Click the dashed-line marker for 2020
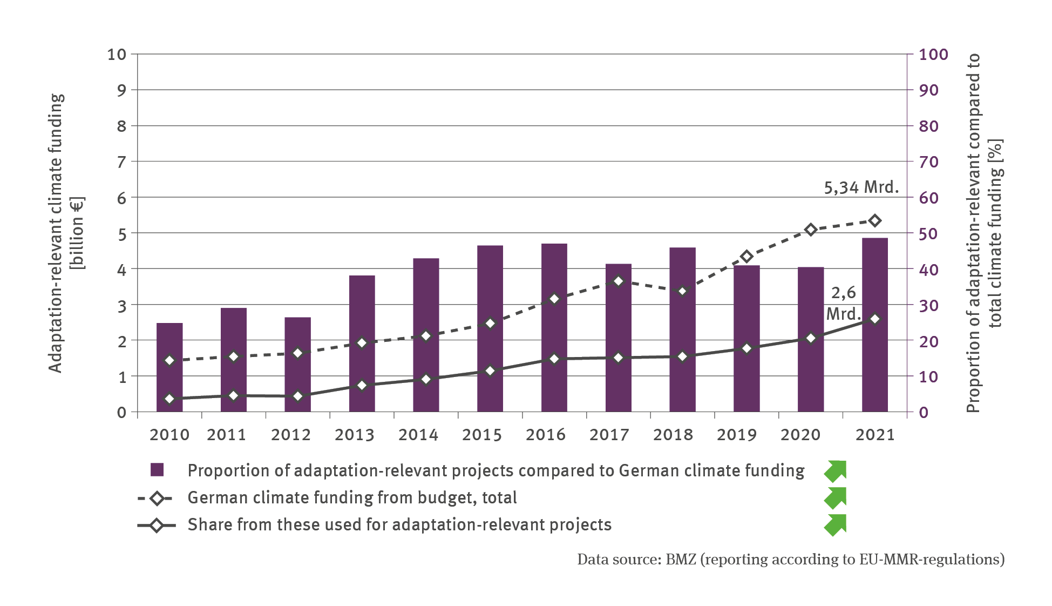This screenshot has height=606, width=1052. click(810, 230)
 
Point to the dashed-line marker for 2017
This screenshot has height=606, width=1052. click(619, 281)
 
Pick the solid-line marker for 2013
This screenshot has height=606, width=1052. click(362, 385)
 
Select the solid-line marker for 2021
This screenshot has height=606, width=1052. click(875, 319)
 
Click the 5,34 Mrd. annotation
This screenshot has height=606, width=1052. click(861, 187)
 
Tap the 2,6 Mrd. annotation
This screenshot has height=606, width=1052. click(843, 303)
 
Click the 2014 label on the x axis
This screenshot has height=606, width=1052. click(418, 435)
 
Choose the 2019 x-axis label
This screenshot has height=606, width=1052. click(737, 435)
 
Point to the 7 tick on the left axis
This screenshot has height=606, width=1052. click(122, 161)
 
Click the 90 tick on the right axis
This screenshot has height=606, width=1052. click(928, 90)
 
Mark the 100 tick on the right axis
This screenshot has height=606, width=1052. click(933, 55)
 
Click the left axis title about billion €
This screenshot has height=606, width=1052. click(66, 233)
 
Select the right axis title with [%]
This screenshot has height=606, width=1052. click(984, 233)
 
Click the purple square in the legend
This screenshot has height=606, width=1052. click(157, 470)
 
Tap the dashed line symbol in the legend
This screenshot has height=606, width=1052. click(156, 498)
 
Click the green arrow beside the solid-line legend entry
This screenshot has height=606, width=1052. click(835, 525)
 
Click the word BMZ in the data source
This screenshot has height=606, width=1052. click(681, 559)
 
